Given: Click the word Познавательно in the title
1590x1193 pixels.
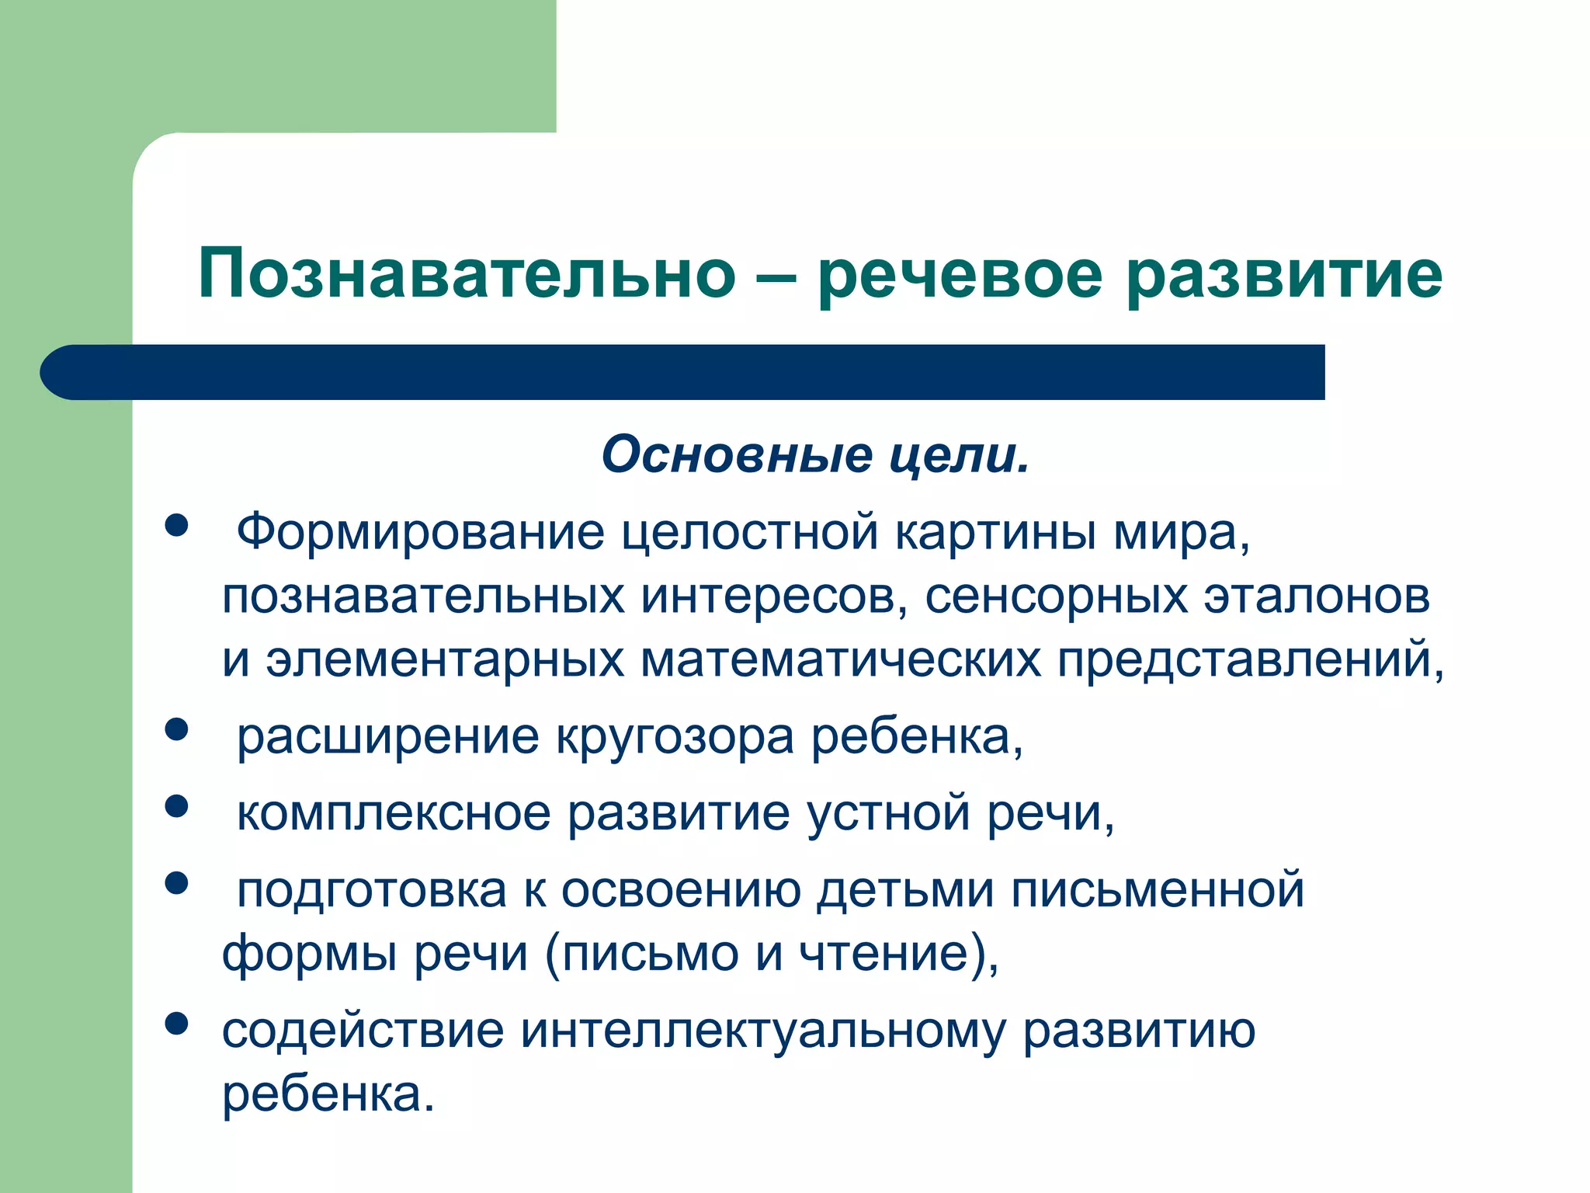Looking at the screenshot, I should (467, 274).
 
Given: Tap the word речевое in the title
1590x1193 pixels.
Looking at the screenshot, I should (960, 274).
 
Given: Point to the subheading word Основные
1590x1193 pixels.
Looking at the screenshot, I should (737, 455).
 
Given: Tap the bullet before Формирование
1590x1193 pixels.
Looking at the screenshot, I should (177, 525).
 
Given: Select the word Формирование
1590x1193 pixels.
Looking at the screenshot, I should (420, 534).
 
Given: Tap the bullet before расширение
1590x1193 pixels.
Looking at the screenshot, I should (177, 729).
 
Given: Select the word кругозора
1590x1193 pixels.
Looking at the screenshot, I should (675, 738).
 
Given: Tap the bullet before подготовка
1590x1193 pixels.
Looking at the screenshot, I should (177, 882).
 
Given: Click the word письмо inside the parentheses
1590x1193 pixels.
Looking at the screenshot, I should (651, 954).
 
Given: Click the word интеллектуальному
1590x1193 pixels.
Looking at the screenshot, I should (762, 1031).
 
